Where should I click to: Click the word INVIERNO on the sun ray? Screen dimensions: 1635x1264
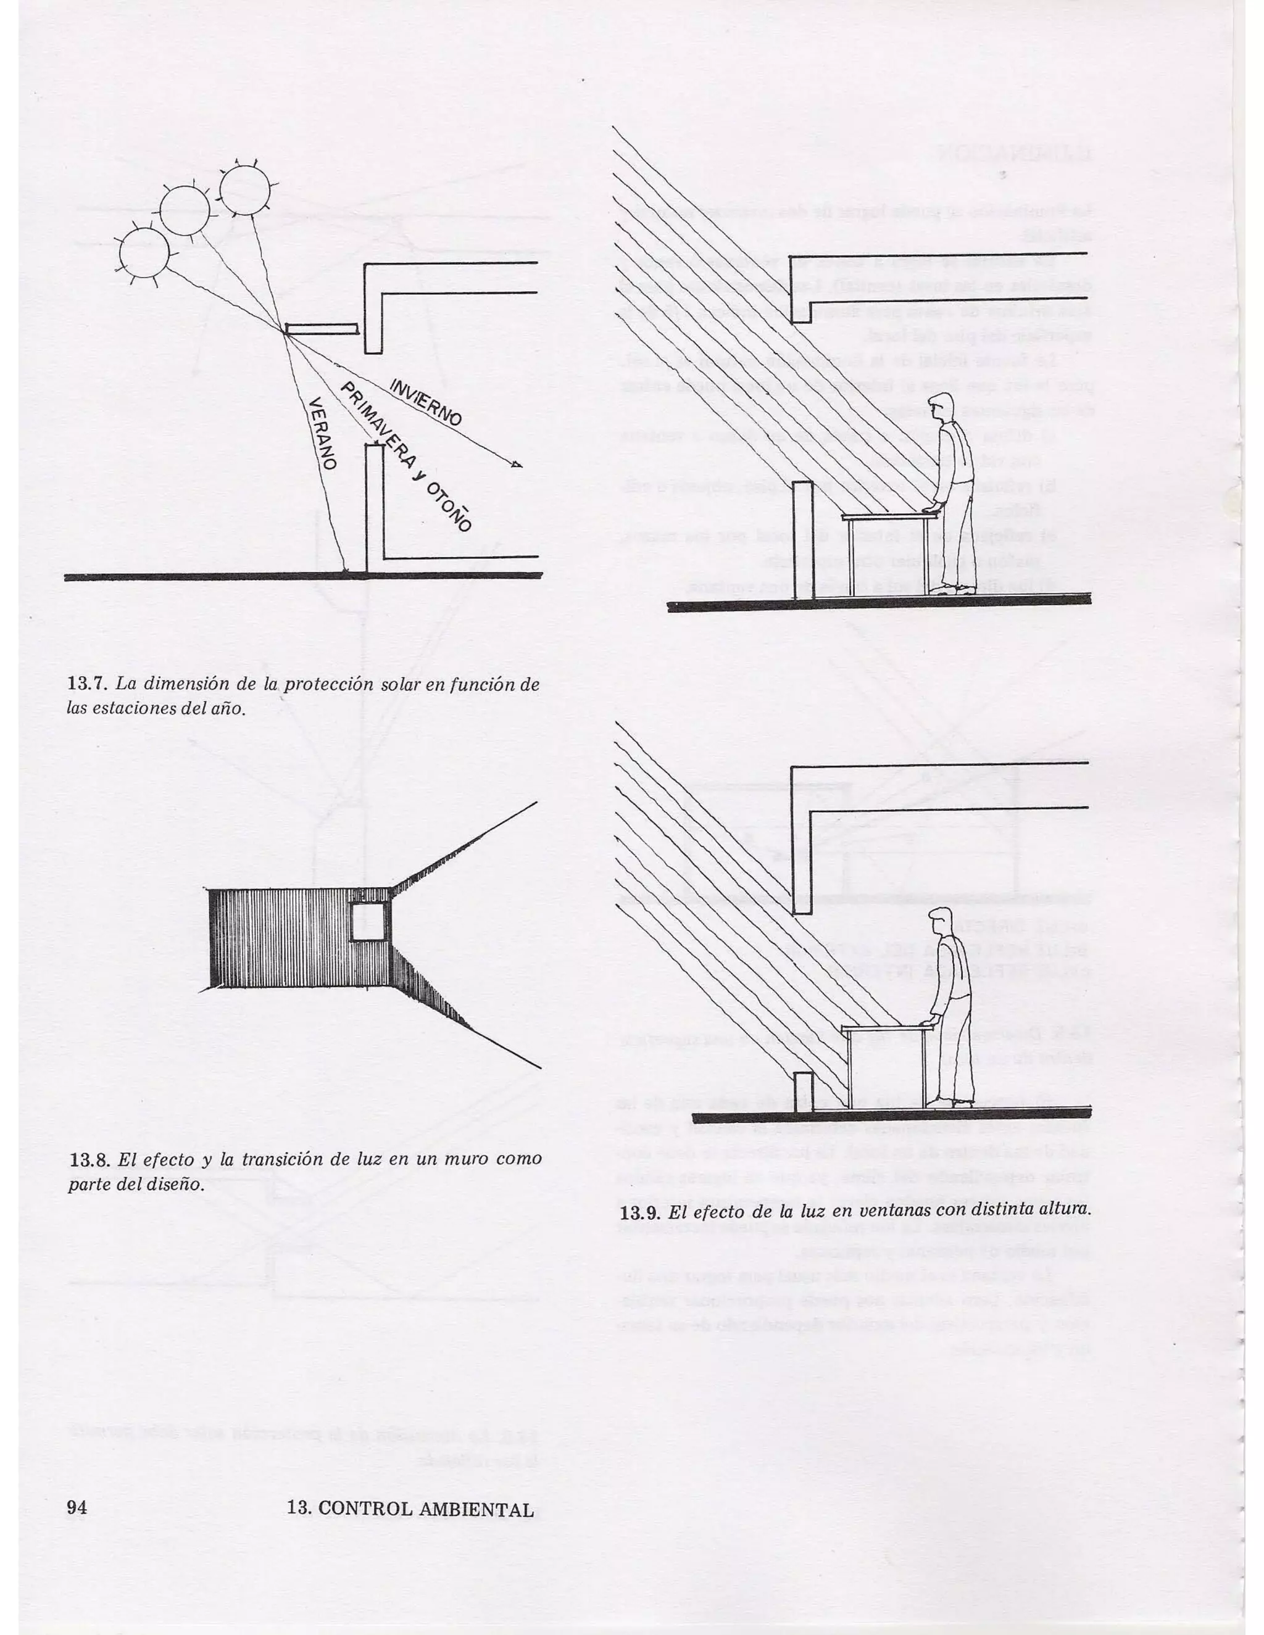425,404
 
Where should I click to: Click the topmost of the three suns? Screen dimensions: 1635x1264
244,189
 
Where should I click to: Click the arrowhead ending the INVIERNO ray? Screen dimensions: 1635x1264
516,466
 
